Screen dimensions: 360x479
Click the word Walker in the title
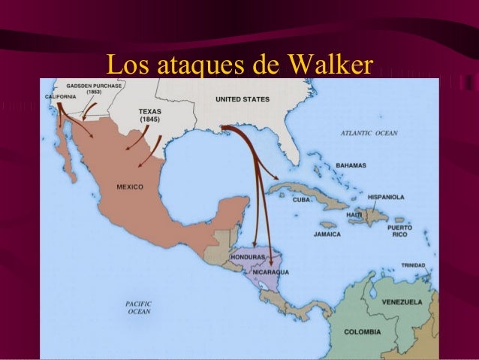pos(324,64)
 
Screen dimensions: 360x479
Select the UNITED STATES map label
pos(244,98)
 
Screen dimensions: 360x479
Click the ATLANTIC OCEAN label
pos(369,132)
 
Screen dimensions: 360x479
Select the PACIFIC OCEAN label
pos(138,307)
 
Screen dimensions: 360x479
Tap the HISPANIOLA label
pos(386,197)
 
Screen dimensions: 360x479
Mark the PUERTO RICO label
pos(399,230)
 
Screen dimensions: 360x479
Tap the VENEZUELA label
pos(402,301)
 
